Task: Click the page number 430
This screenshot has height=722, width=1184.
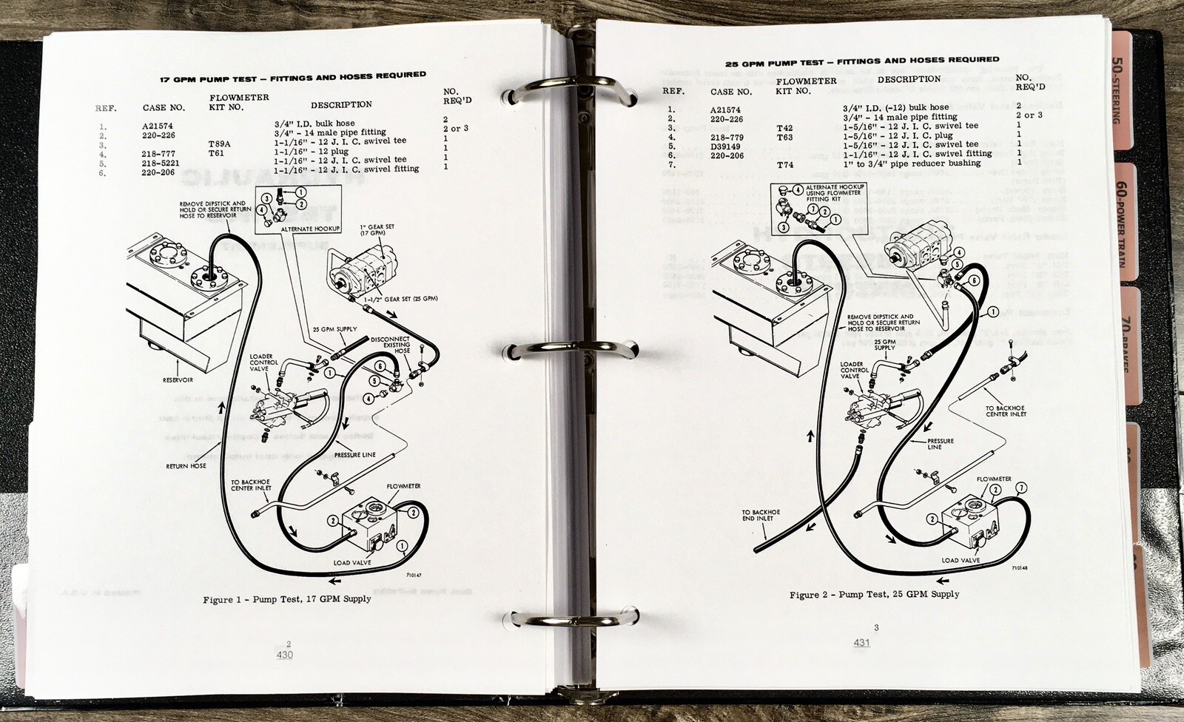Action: tap(284, 655)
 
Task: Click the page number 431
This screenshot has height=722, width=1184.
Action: tap(861, 643)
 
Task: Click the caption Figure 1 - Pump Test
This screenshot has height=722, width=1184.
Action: tap(287, 599)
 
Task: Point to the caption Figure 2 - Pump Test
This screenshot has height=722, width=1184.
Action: tap(874, 594)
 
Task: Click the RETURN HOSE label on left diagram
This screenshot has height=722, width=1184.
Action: tap(186, 466)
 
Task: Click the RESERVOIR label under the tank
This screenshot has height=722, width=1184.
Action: tap(178, 380)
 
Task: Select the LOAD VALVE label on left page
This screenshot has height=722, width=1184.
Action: tap(352, 563)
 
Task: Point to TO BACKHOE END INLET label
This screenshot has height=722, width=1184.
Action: tap(761, 515)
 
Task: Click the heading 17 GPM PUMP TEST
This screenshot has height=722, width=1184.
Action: tap(293, 77)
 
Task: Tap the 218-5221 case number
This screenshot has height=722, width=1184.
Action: tap(161, 163)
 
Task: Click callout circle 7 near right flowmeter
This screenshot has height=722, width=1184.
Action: tap(1022, 488)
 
